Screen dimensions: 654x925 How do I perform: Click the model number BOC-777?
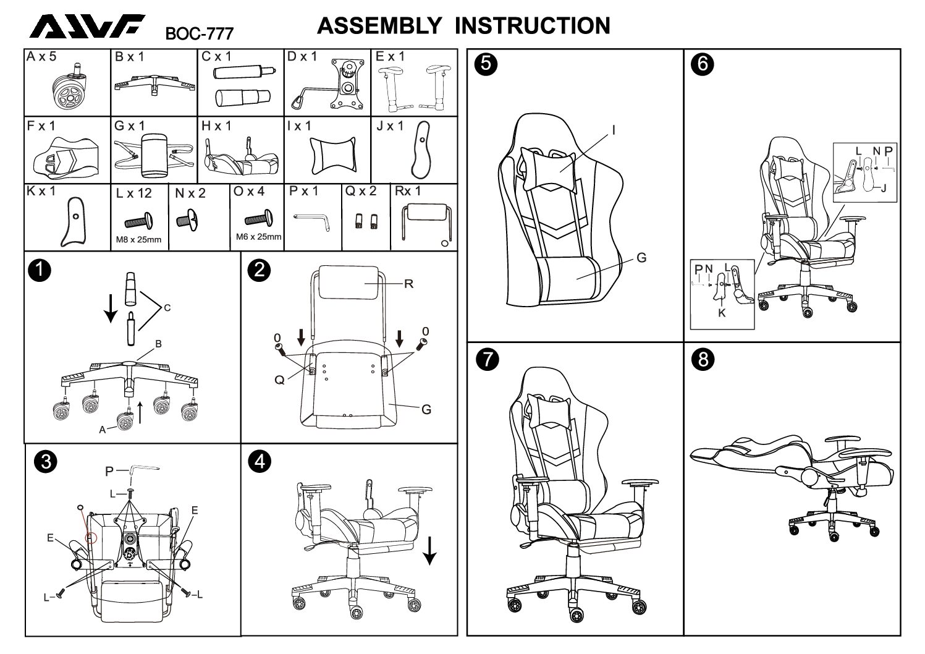coord(199,32)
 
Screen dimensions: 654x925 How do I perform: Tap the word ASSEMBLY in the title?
coord(379,26)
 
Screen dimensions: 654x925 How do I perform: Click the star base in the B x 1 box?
coord(154,82)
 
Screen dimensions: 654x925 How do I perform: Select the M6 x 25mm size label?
coord(258,237)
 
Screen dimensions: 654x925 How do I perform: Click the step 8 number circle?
coord(702,359)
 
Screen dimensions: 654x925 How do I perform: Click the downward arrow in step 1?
coord(111,307)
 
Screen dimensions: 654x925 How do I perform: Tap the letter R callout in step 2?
coord(408,284)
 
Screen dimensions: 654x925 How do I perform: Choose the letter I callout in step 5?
coord(614,130)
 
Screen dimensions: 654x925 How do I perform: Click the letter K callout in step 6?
coord(722,313)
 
